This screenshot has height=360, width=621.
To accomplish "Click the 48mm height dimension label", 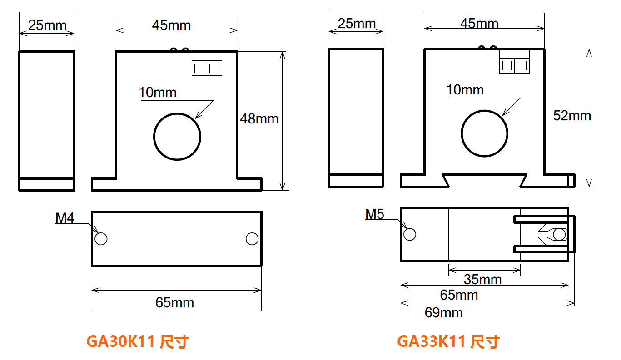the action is (x=259, y=119).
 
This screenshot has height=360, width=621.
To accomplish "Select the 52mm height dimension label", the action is (x=572, y=116).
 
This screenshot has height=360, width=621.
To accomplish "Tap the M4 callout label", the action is (x=65, y=218).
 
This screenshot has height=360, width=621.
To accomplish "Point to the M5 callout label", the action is (x=374, y=214).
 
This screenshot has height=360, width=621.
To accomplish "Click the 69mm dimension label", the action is (x=443, y=313).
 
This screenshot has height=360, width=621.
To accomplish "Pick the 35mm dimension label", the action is (x=482, y=279).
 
